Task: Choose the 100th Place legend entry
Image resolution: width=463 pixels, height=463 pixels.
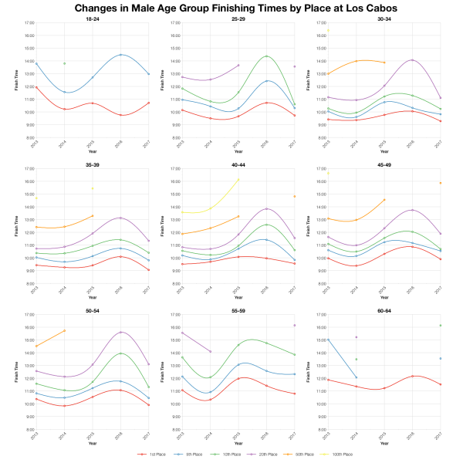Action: tap(342, 455)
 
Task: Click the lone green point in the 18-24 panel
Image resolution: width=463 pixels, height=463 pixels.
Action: tap(64, 63)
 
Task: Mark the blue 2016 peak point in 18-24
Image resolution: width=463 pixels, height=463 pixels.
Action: tap(120, 55)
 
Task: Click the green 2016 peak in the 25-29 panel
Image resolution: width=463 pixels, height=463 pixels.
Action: tap(266, 56)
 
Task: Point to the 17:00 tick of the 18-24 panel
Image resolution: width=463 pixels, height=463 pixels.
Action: tap(29, 23)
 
